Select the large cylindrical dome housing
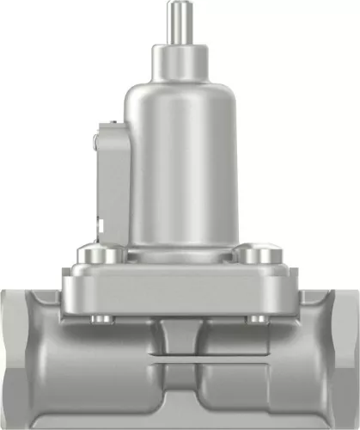[180, 163]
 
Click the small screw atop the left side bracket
[110, 126]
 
